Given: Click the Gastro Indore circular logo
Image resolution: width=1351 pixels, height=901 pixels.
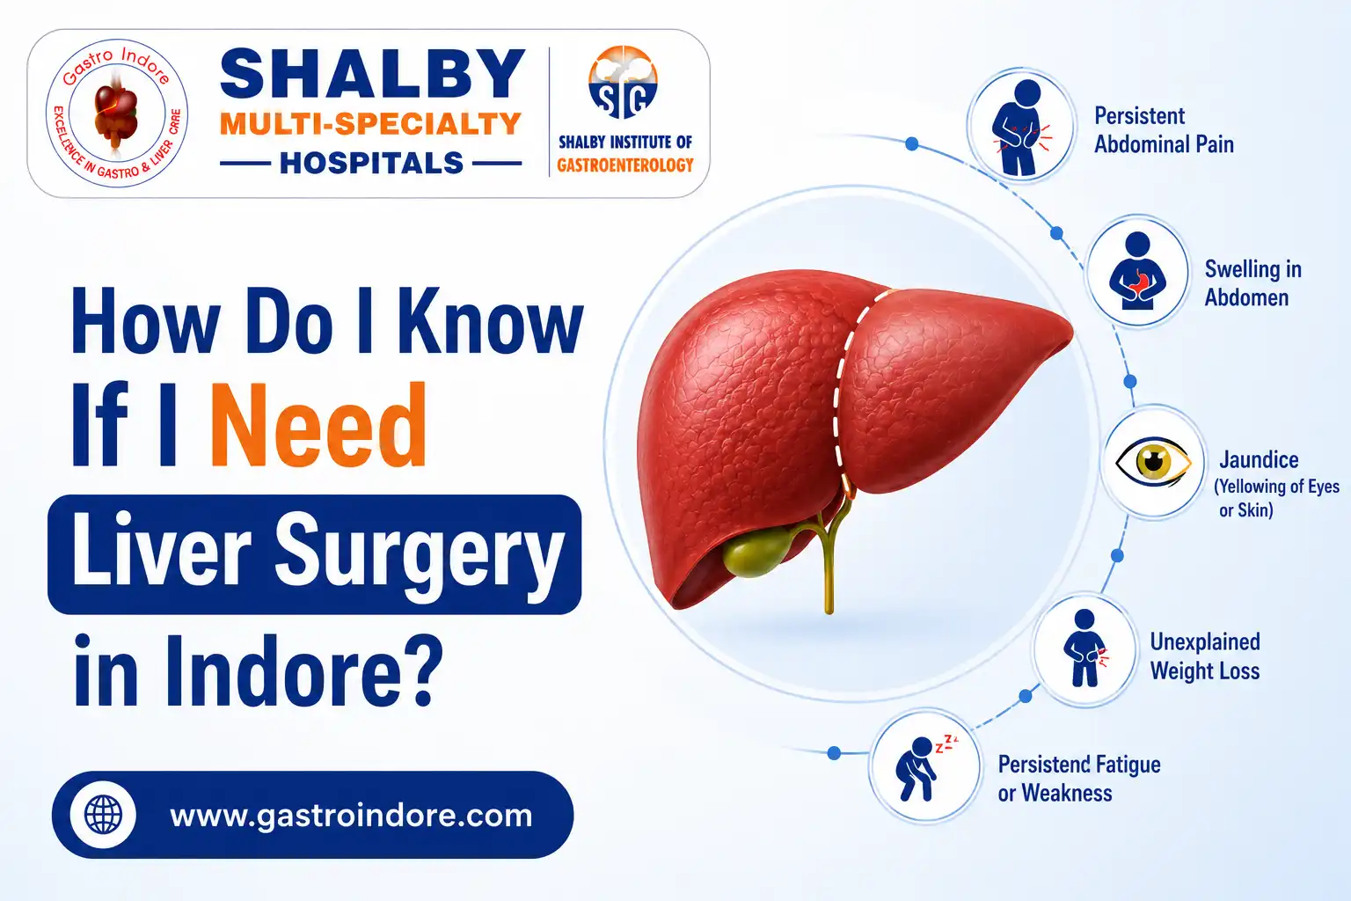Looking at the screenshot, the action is coord(117,114).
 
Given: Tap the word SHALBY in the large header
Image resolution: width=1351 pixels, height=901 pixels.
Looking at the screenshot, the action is coord(372,74).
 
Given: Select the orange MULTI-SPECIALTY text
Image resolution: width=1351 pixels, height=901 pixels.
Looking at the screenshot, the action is coord(370,124).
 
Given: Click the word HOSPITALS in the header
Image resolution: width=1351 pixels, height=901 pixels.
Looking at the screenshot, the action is coord(371,163).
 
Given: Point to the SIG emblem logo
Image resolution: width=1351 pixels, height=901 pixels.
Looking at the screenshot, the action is coord(624,83).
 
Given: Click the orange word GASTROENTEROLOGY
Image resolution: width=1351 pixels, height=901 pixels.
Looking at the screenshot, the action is coord(624,165).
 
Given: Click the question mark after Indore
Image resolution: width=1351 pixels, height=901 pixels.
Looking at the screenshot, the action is coord(420,670).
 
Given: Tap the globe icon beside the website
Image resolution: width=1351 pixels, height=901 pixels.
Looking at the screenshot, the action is coord(103,815).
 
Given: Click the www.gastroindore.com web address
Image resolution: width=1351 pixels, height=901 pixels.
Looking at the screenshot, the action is coord(351,816).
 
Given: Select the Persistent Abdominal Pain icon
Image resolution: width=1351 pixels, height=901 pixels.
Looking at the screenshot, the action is coord(1021,126).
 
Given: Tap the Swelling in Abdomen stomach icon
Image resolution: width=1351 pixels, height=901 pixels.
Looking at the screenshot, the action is coord(1137,271).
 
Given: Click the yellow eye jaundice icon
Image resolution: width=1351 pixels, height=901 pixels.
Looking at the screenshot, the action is coord(1153,462).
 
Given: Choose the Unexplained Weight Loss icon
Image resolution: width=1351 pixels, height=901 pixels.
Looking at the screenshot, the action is coord(1084,648).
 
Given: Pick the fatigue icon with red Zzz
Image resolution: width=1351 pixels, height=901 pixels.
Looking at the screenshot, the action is coord(926,766).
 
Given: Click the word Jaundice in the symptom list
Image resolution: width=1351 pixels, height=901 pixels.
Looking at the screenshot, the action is coord(1259,460).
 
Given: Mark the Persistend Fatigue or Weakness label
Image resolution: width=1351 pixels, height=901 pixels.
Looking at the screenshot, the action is coord(1079,779).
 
